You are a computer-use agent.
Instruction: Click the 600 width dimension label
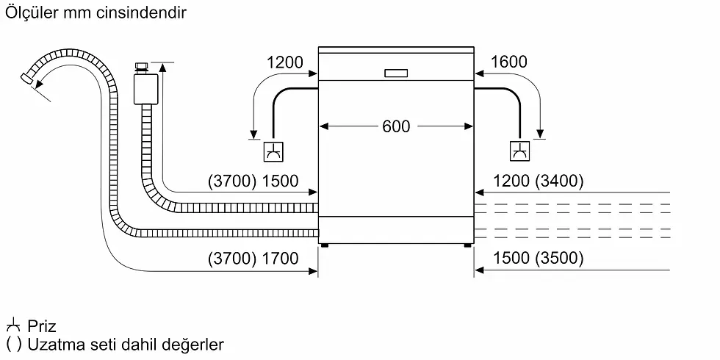396,126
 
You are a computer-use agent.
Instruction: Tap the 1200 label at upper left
284,62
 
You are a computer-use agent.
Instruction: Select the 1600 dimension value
508,62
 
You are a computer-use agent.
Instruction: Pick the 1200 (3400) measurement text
538,181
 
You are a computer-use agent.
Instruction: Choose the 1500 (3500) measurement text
539,258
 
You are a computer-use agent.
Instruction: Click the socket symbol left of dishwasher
273,152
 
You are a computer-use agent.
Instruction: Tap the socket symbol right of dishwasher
519,152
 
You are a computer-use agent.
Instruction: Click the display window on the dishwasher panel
395,73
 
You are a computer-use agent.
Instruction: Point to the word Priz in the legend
41,326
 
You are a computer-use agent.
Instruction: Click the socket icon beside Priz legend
13,325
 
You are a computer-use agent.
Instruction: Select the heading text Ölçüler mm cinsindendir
96,13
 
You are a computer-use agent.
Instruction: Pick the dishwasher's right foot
467,245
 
